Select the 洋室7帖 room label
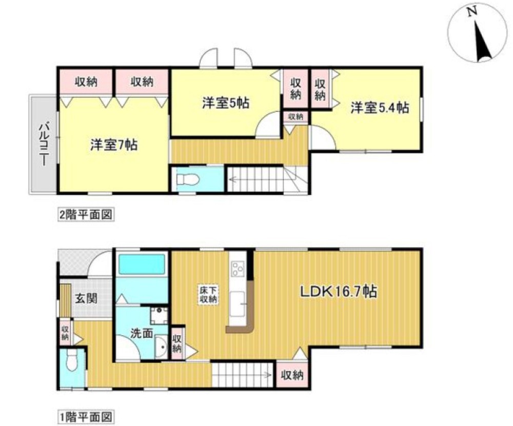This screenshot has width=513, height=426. tap(114, 145)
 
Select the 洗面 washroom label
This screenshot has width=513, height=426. tap(141, 333)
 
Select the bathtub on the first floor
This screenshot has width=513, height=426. tap(142, 266)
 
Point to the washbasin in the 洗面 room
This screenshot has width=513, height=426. tap(161, 348)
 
